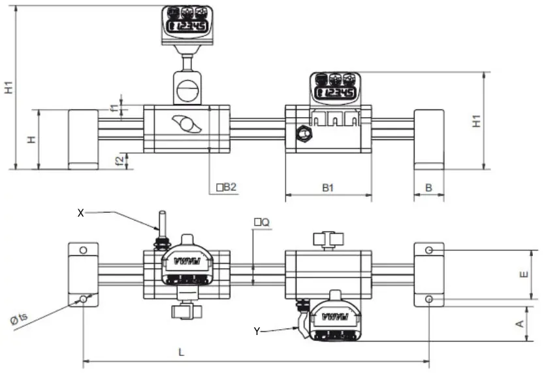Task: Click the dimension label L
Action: tap(182, 352)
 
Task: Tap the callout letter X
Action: tap(81, 212)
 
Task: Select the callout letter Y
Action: tap(257, 332)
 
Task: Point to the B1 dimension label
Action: tap(328, 187)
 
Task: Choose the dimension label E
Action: tap(522, 275)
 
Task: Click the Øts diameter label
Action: tap(19, 318)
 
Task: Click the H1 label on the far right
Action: tap(477, 120)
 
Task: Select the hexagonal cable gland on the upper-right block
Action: tap(302, 134)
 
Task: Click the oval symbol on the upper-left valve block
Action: tap(187, 124)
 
